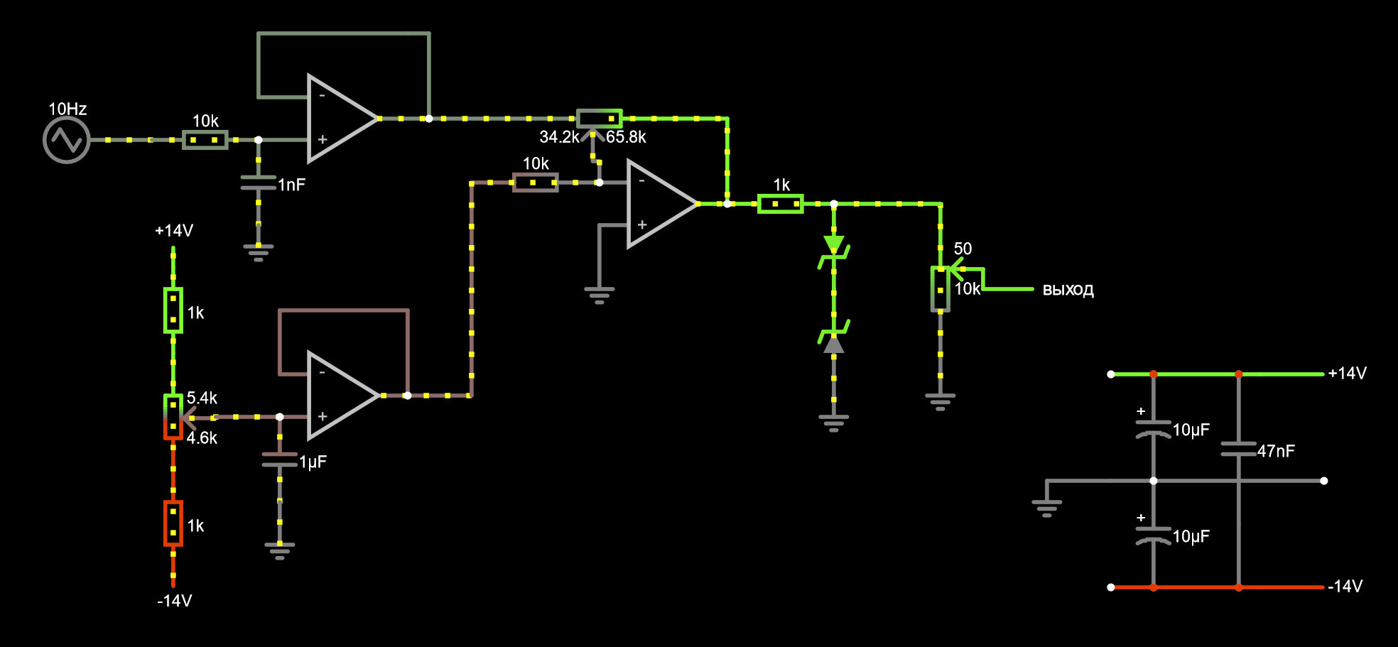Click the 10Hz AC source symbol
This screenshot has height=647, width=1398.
pos(67,140)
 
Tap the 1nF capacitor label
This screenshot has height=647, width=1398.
pos(291,185)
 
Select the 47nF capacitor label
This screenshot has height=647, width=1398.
pos(1276,451)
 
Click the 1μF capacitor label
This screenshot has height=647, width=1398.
pos(313,462)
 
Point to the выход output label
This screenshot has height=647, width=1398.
pos(1068,290)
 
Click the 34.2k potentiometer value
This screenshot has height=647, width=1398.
pos(559,137)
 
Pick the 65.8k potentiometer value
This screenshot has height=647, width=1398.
pos(626,137)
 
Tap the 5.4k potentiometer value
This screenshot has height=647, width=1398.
pos(202,398)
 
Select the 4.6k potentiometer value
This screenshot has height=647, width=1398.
pos(202,438)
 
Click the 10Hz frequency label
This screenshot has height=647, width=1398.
pos(67,109)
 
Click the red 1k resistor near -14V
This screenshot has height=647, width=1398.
pos(173,523)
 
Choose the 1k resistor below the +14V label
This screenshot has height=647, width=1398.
pos(173,310)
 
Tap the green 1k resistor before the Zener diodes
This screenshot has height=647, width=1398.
pos(781,204)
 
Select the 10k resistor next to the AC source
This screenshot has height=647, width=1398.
pos(205,140)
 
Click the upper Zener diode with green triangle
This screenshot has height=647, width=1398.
pos(834,246)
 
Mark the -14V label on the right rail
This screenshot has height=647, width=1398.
pos(1345,587)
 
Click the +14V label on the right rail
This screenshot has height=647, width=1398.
pos(1347,374)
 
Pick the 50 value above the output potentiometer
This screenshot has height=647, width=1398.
pos(963,249)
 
